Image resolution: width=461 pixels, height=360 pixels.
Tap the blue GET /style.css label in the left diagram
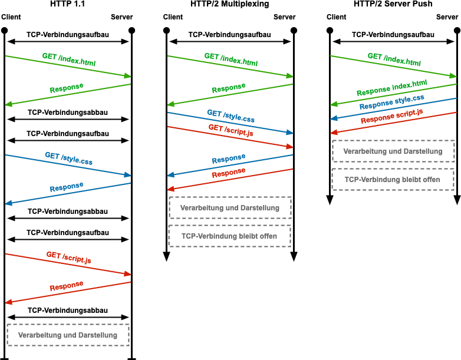68,158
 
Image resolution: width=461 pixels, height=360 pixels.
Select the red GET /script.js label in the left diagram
68,257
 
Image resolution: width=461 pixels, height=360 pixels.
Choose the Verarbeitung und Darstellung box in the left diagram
68,335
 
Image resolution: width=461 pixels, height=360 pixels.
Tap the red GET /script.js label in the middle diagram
230,130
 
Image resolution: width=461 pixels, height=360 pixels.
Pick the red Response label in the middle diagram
229,173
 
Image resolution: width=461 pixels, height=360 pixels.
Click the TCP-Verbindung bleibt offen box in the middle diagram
229,236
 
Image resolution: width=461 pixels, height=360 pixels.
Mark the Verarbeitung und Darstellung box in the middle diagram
230,208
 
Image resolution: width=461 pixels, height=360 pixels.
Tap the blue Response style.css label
392,102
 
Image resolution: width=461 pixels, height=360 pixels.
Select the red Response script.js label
392,116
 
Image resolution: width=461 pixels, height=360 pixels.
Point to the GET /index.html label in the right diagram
394,60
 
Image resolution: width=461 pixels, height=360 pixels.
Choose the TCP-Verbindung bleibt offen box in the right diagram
393,179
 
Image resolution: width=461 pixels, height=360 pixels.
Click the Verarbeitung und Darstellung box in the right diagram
393,151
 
